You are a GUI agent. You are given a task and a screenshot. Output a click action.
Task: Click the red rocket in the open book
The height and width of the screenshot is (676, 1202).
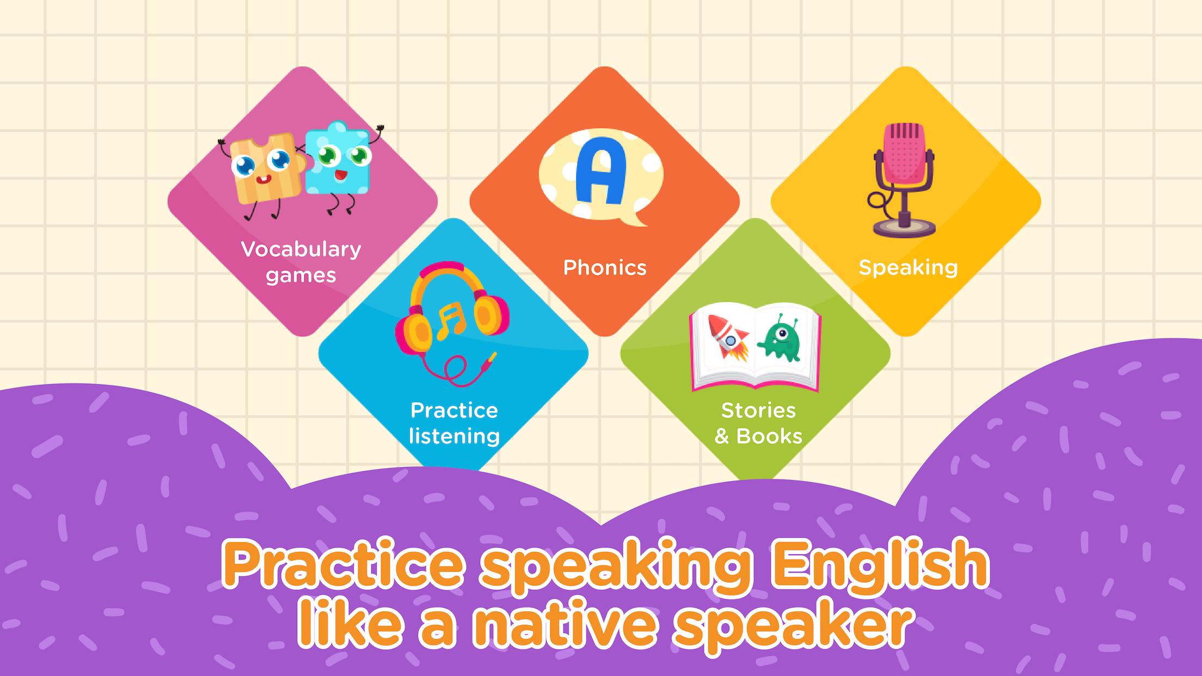click(725, 337)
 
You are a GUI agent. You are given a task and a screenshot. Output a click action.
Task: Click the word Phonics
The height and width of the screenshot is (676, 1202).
click(605, 268)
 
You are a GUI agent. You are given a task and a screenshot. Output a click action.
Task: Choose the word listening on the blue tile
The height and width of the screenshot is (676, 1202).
click(454, 437)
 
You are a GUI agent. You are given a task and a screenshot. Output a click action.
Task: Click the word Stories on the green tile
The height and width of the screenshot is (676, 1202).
click(758, 410)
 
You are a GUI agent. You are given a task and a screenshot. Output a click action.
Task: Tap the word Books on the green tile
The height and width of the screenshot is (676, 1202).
click(769, 437)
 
